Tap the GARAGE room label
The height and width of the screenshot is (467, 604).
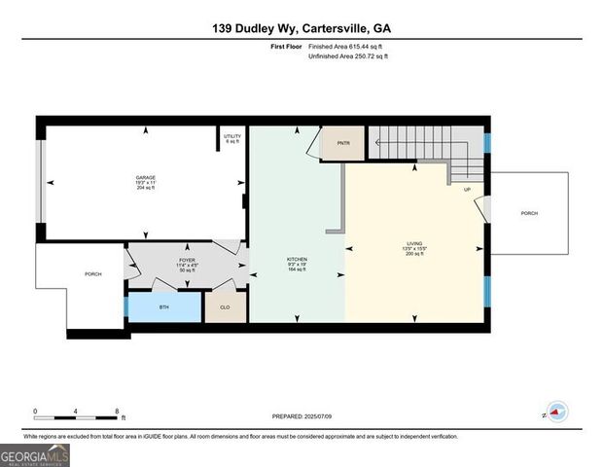(145, 176)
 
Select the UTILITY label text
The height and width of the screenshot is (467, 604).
(231, 136)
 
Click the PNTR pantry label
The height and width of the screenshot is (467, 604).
(342, 144)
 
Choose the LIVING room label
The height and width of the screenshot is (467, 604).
(415, 243)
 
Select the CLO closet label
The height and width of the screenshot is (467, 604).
(225, 305)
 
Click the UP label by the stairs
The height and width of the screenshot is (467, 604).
(467, 190)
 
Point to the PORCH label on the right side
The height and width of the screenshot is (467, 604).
(529, 213)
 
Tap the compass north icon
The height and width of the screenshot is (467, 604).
(555, 413)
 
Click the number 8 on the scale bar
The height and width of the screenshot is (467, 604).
(117, 411)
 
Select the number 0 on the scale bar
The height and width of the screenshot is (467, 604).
(35, 411)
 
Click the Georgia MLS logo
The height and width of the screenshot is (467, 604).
(35, 454)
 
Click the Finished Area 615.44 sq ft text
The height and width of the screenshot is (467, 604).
(345, 47)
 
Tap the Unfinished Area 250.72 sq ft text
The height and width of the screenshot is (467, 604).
(347, 56)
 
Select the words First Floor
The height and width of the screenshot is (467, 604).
(285, 47)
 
